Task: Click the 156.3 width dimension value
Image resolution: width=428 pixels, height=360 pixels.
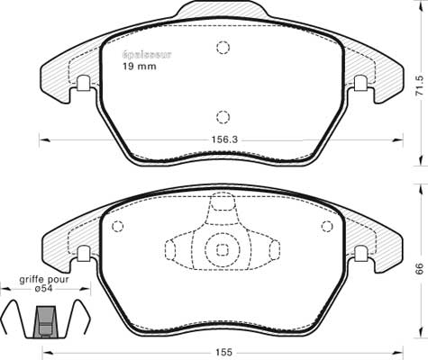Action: point(224,139)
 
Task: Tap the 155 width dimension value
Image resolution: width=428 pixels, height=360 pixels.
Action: point(223,352)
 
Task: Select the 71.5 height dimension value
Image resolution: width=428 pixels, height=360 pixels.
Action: point(419,85)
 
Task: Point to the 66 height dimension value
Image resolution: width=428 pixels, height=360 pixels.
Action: point(419,268)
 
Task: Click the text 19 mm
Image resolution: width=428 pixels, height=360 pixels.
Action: point(140,67)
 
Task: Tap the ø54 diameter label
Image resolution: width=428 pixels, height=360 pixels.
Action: point(44,289)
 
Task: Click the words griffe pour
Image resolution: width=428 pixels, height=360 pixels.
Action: point(44,280)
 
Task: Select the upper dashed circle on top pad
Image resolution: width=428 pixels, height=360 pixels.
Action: point(223,47)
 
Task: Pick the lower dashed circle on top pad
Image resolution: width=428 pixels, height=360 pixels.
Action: point(223,117)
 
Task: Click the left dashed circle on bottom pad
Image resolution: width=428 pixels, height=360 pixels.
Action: point(117,226)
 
